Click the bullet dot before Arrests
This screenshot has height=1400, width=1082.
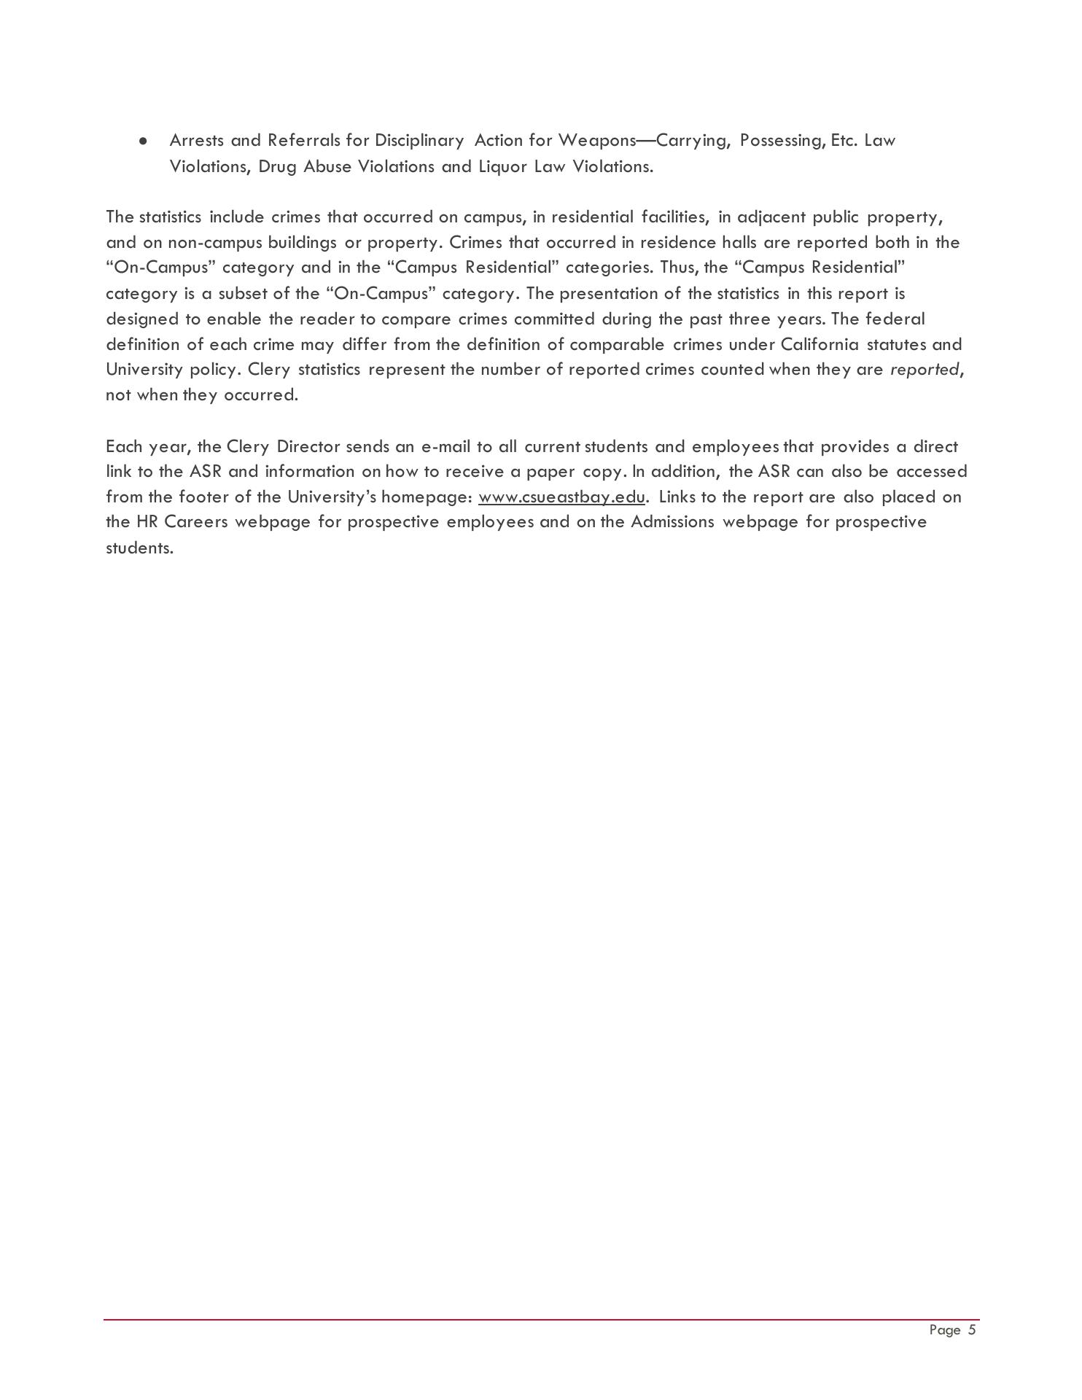144,141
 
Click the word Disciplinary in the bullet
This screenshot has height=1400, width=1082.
419,141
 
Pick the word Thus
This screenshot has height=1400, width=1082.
678,268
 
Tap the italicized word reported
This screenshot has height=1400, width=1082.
924,370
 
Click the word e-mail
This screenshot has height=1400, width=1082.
445,446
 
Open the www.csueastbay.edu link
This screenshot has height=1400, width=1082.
561,497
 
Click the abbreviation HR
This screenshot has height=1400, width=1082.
147,522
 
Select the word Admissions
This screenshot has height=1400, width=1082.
672,522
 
